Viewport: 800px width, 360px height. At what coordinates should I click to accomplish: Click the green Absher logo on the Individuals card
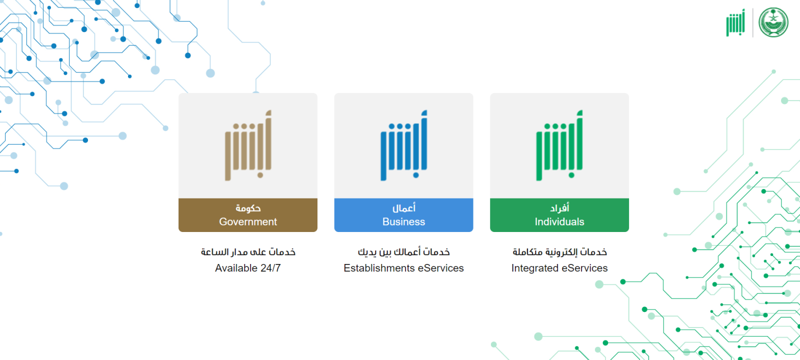(559, 145)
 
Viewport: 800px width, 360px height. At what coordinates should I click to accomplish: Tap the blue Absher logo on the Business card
(403, 145)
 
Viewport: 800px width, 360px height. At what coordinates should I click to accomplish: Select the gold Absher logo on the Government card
(248, 145)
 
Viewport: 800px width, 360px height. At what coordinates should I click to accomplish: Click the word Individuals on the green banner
(559, 222)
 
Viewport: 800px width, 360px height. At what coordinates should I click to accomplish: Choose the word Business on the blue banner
(403, 222)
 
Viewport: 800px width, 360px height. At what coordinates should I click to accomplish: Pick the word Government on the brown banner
(248, 222)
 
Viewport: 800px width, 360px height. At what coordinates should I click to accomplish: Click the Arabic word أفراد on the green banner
(559, 208)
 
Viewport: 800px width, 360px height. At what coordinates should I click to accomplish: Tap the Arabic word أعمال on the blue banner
(403, 208)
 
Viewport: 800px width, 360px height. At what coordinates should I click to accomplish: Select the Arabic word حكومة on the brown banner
(248, 208)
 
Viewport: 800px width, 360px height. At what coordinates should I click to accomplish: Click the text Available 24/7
(248, 268)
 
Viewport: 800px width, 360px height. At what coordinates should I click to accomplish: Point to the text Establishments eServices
(403, 268)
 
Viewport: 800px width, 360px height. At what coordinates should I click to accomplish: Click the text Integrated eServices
(559, 268)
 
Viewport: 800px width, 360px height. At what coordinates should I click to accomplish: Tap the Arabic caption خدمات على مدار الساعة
(248, 252)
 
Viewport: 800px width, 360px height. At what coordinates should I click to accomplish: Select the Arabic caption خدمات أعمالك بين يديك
(403, 252)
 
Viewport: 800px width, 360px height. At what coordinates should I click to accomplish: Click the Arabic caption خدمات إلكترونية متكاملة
(559, 252)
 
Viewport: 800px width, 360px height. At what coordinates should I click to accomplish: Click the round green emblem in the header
(773, 22)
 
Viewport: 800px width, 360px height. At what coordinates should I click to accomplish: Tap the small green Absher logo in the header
(735, 22)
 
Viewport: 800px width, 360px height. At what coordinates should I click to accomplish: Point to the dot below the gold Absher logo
(260, 175)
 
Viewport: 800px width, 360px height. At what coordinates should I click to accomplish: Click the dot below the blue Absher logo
(415, 175)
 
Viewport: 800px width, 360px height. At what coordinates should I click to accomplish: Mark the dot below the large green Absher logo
(571, 175)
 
